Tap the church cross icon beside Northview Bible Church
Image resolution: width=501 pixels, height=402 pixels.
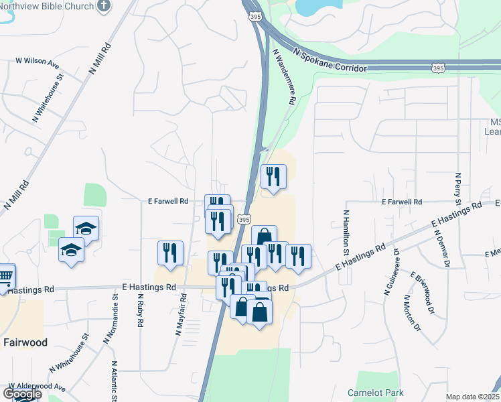click(x=103, y=6)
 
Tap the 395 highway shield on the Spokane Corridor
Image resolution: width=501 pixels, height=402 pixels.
click(x=438, y=68)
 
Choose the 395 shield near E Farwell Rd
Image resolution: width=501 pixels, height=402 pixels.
click(x=244, y=219)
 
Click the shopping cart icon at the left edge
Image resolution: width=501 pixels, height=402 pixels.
click(x=5, y=275)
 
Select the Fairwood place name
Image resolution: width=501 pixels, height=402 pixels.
click(x=25, y=342)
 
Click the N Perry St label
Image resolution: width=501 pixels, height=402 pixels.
click(x=458, y=188)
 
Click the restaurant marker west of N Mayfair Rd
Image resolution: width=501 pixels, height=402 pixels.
click(x=170, y=253)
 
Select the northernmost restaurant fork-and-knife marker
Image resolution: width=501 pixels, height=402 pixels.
click(x=272, y=177)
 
